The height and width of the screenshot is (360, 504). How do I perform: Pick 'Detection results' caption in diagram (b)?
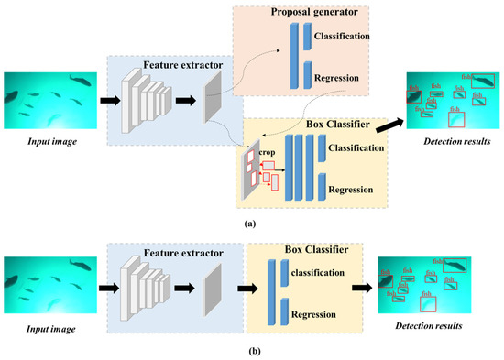[421, 326]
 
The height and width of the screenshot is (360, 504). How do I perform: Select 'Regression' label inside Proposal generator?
[335, 79]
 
